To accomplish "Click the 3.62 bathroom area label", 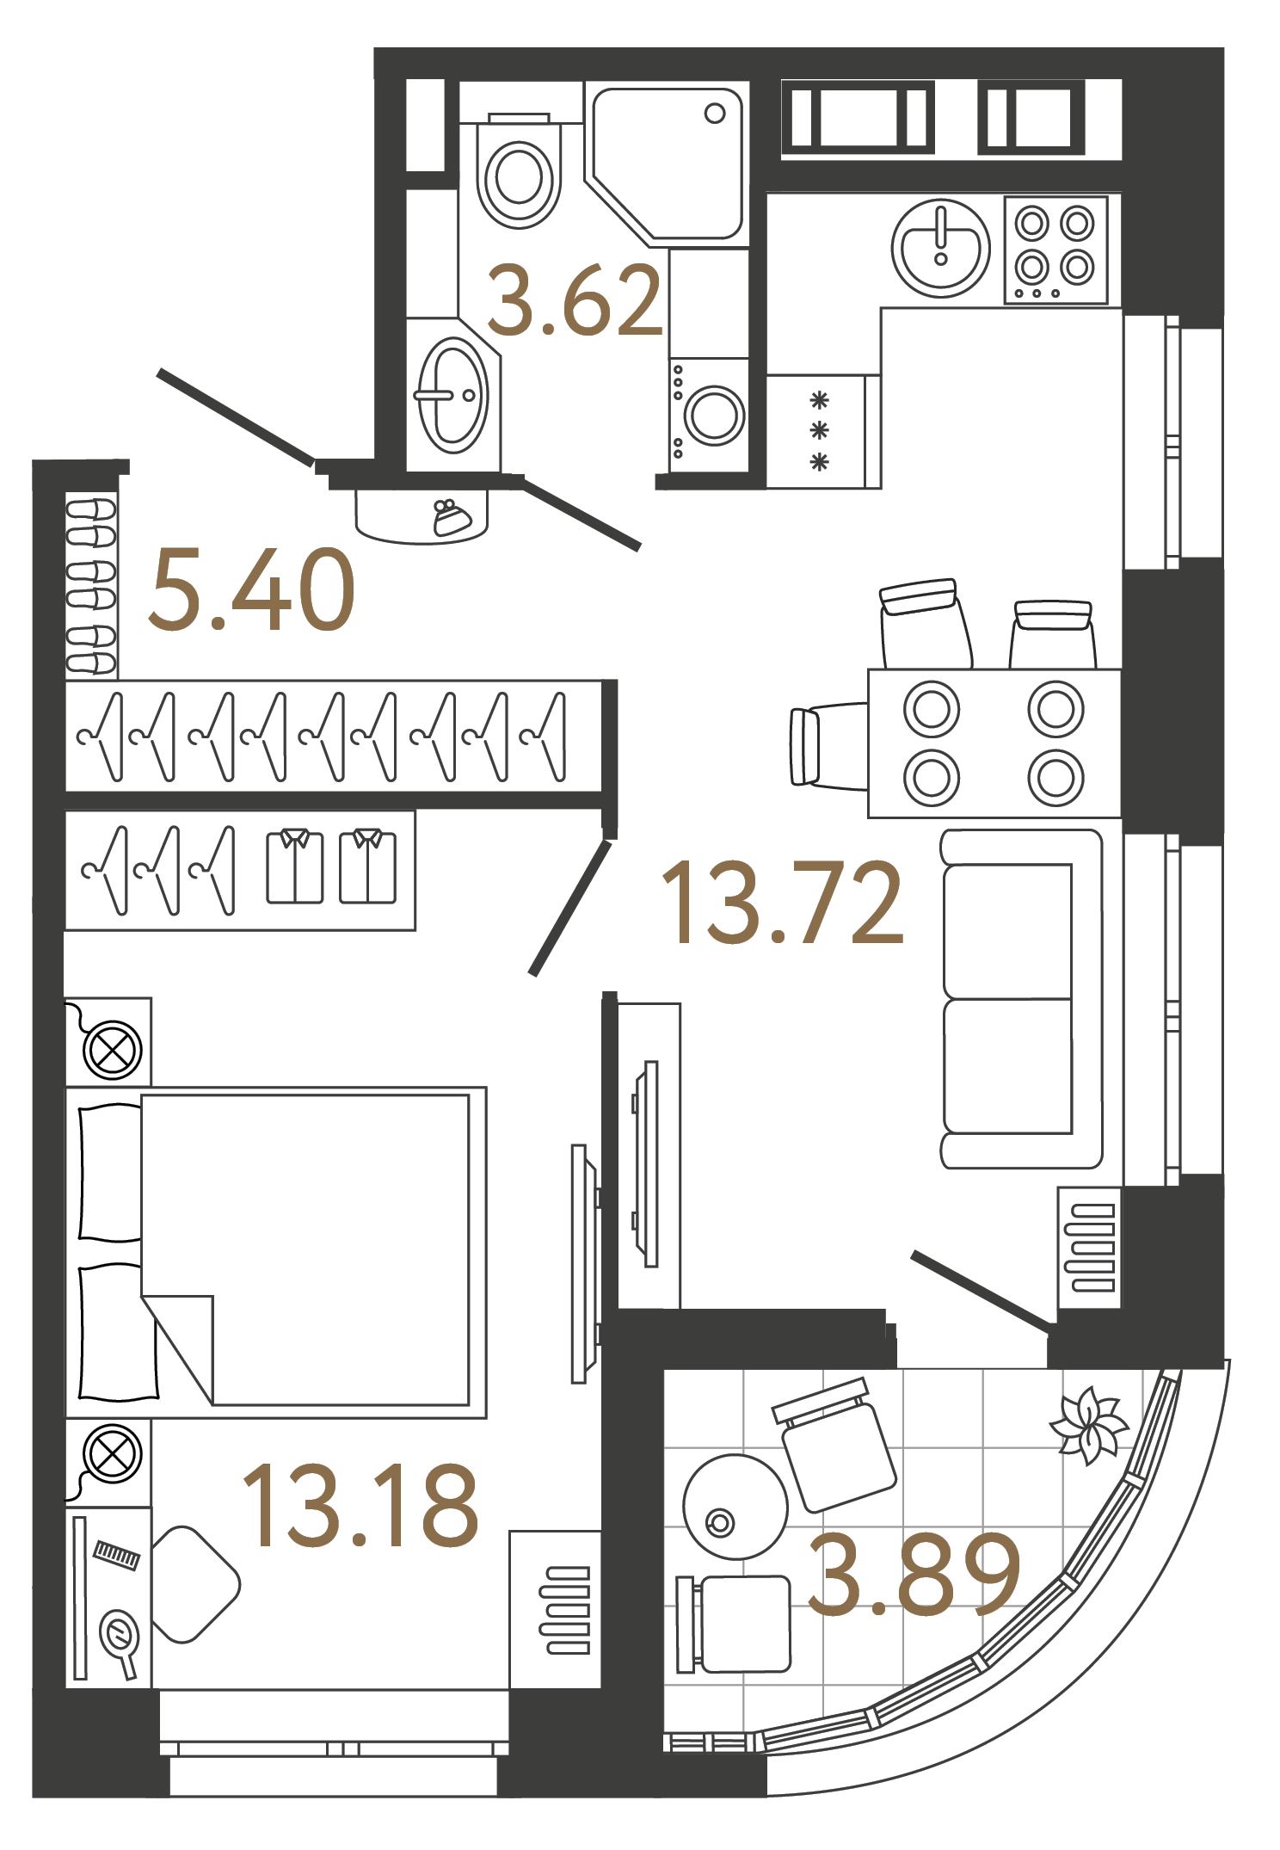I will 575,300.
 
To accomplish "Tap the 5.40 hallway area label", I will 251,590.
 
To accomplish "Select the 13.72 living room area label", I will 782,903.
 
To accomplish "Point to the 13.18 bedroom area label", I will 360,1506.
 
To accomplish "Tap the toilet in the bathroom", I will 519,177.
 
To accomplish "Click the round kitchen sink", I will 940,247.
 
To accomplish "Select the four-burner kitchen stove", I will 1055,250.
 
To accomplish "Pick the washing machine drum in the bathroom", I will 714,416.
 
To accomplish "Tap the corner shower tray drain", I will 715,114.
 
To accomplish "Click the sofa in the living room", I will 1020,998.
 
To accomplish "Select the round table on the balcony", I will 735,1507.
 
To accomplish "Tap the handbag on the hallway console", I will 452,517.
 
